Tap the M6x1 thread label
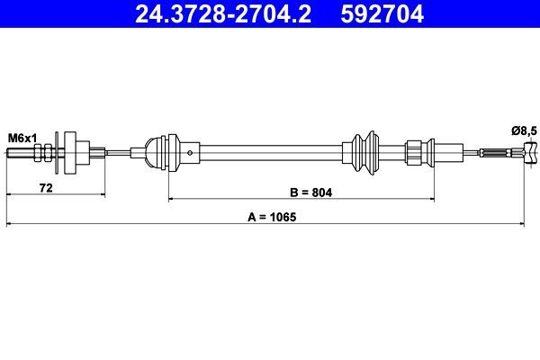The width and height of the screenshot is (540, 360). (x=22, y=137)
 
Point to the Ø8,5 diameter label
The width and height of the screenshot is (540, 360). (x=523, y=131)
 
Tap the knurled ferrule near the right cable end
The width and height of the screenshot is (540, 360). (x=496, y=155)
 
